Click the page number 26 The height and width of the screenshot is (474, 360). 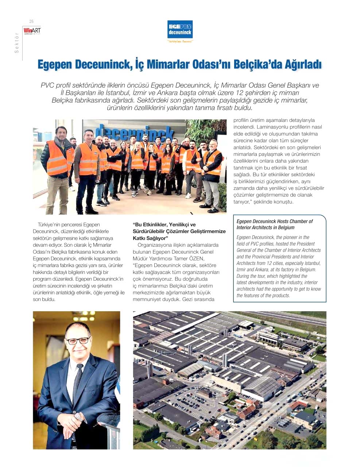click(31, 21)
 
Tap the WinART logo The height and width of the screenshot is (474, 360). click(32, 31)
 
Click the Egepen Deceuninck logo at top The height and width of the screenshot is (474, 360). click(180, 30)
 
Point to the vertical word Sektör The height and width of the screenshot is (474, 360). click(16, 43)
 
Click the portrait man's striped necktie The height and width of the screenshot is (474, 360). click(77, 383)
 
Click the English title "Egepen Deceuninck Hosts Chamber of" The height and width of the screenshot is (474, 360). click(274, 221)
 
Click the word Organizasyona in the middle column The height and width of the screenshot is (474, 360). click(153, 245)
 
